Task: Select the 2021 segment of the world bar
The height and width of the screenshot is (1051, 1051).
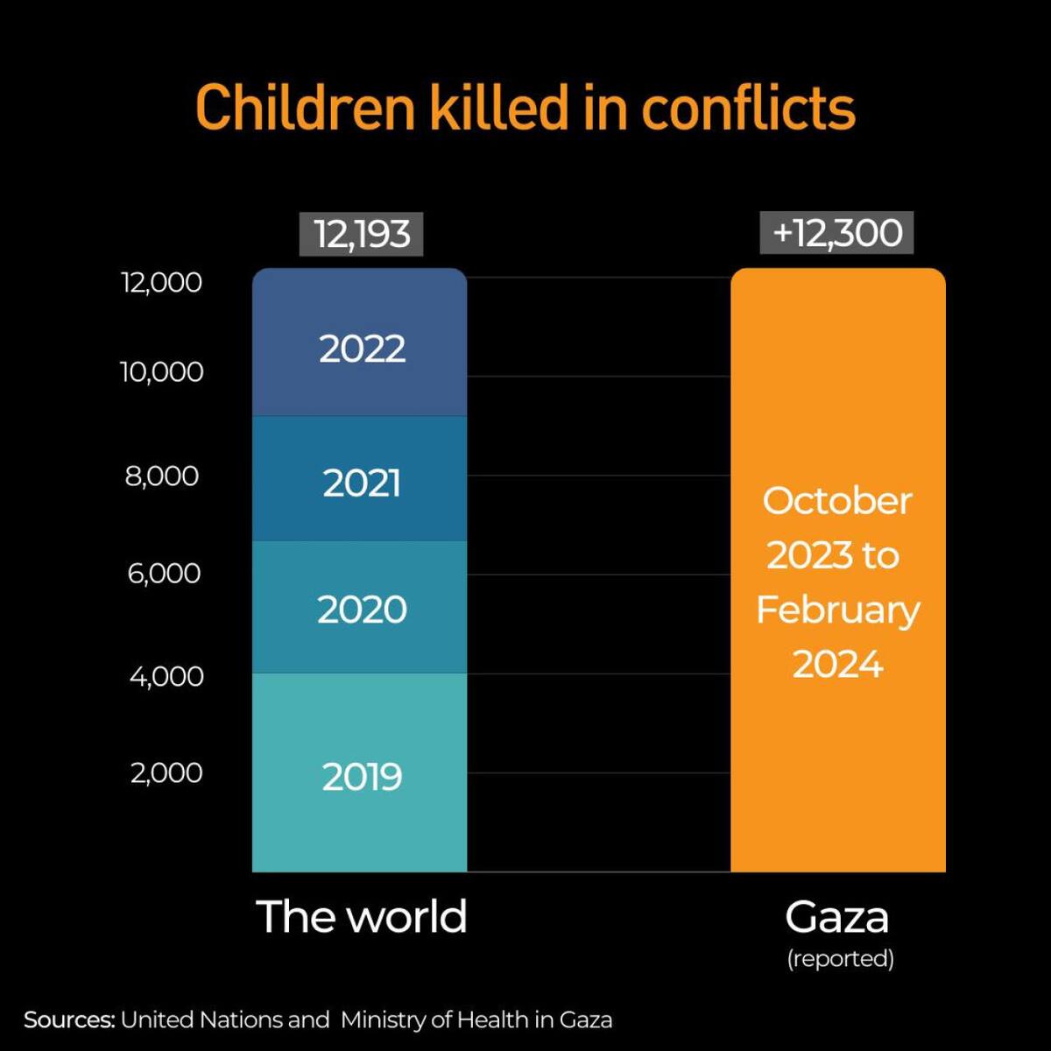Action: (359, 482)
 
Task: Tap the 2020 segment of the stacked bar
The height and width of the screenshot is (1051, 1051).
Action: (359, 609)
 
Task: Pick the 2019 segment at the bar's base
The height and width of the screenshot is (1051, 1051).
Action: (359, 775)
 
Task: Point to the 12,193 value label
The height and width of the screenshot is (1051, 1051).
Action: (361, 234)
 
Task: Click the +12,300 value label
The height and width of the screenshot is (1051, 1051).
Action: (837, 233)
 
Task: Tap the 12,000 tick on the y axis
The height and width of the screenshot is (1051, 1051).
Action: (161, 282)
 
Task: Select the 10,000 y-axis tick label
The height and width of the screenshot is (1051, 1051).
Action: (161, 371)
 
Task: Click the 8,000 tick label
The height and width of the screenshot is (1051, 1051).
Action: (162, 476)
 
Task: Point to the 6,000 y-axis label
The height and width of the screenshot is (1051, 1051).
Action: (164, 573)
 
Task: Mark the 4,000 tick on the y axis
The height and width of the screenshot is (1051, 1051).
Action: (166, 675)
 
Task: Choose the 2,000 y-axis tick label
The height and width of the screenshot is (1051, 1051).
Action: (166, 772)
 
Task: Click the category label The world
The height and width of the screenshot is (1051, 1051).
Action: (361, 916)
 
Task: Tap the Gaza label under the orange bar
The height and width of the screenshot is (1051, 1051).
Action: (837, 917)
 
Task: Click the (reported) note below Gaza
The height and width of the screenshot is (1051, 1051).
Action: (840, 958)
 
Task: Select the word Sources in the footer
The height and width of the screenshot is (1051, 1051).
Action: (69, 1019)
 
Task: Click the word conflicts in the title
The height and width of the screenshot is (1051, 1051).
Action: (748, 108)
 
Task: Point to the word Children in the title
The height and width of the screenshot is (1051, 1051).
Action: (304, 108)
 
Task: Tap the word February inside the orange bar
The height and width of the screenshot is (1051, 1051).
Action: (837, 610)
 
